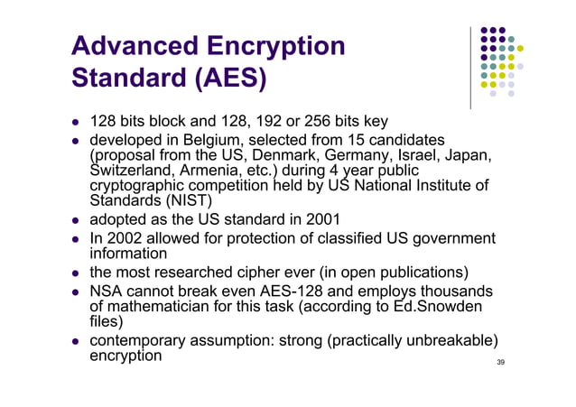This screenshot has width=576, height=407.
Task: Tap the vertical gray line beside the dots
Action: pos(471,68)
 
